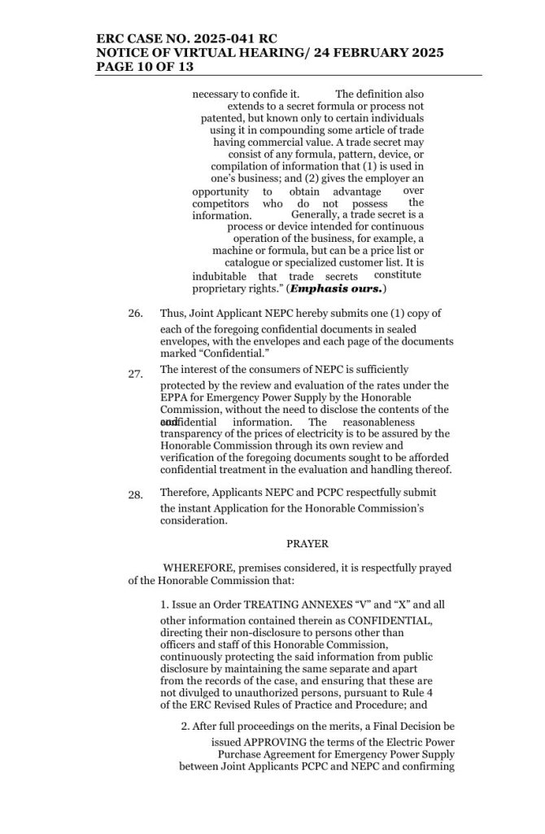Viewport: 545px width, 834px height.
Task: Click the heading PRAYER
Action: (284, 542)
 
